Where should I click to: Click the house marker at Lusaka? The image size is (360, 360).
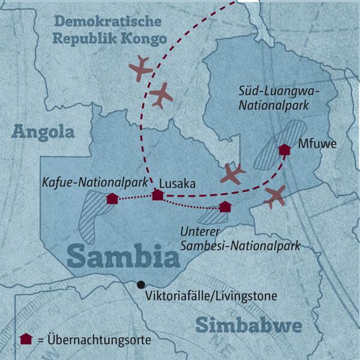157,195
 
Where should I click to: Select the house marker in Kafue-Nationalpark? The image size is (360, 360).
112,199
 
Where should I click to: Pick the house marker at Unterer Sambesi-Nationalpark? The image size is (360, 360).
224,207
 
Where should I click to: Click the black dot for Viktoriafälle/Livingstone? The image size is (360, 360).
140,284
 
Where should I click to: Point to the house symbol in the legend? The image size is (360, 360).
26,339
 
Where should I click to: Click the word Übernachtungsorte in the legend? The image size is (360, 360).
100,340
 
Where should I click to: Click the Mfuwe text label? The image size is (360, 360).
314,144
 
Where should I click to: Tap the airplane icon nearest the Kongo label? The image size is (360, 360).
140,68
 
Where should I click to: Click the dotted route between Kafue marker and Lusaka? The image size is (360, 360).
134,197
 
